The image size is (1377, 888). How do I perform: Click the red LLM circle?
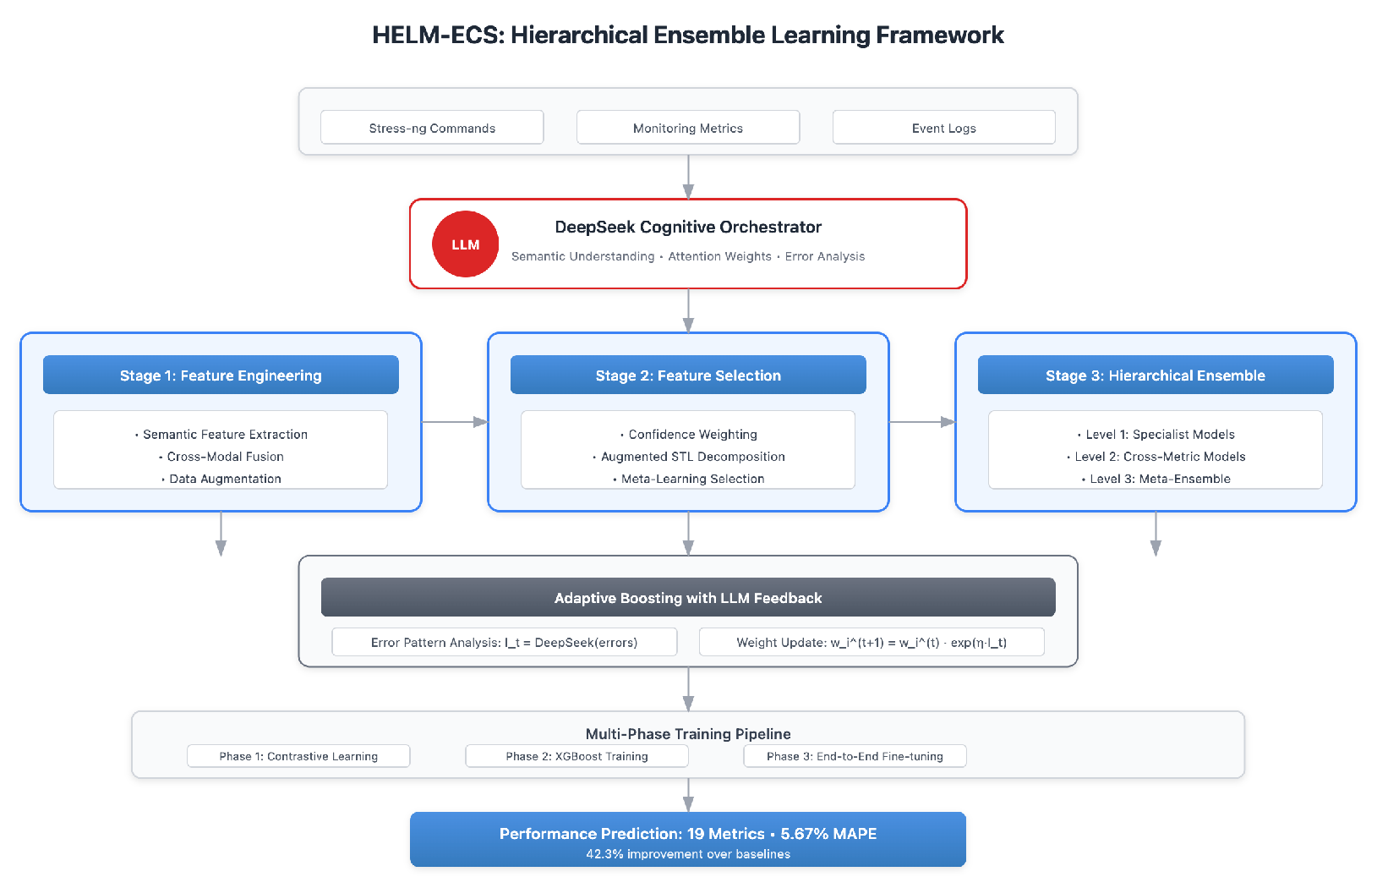(x=465, y=244)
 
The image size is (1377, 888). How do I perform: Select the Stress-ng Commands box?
(x=432, y=128)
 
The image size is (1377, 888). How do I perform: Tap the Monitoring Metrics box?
(x=688, y=128)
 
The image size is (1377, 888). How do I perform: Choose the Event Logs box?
(x=943, y=128)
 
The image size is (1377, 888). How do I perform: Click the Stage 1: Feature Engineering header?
(x=221, y=375)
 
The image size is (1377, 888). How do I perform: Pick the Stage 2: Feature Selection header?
(x=688, y=375)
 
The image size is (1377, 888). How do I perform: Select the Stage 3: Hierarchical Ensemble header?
(x=1156, y=375)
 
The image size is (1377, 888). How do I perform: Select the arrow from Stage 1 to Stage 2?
(x=455, y=421)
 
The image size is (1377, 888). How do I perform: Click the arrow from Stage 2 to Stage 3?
(x=922, y=421)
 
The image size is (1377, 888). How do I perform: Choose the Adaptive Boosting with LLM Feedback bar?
(x=688, y=598)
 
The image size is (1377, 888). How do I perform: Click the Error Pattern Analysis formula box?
(x=505, y=642)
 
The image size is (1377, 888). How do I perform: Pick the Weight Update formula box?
(x=872, y=642)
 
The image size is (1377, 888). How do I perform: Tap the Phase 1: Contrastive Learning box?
(x=298, y=756)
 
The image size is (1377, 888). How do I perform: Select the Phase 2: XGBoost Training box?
(x=576, y=756)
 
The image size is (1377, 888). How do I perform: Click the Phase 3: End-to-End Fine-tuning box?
(x=855, y=756)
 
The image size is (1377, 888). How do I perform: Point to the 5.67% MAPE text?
(x=828, y=833)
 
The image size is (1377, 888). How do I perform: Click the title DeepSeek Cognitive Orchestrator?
(x=688, y=227)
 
